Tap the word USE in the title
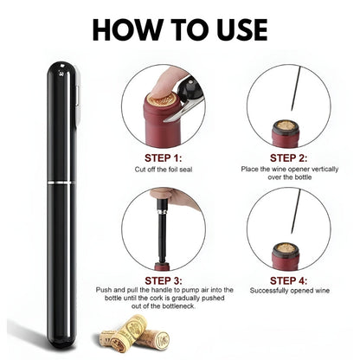coord(228,28)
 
